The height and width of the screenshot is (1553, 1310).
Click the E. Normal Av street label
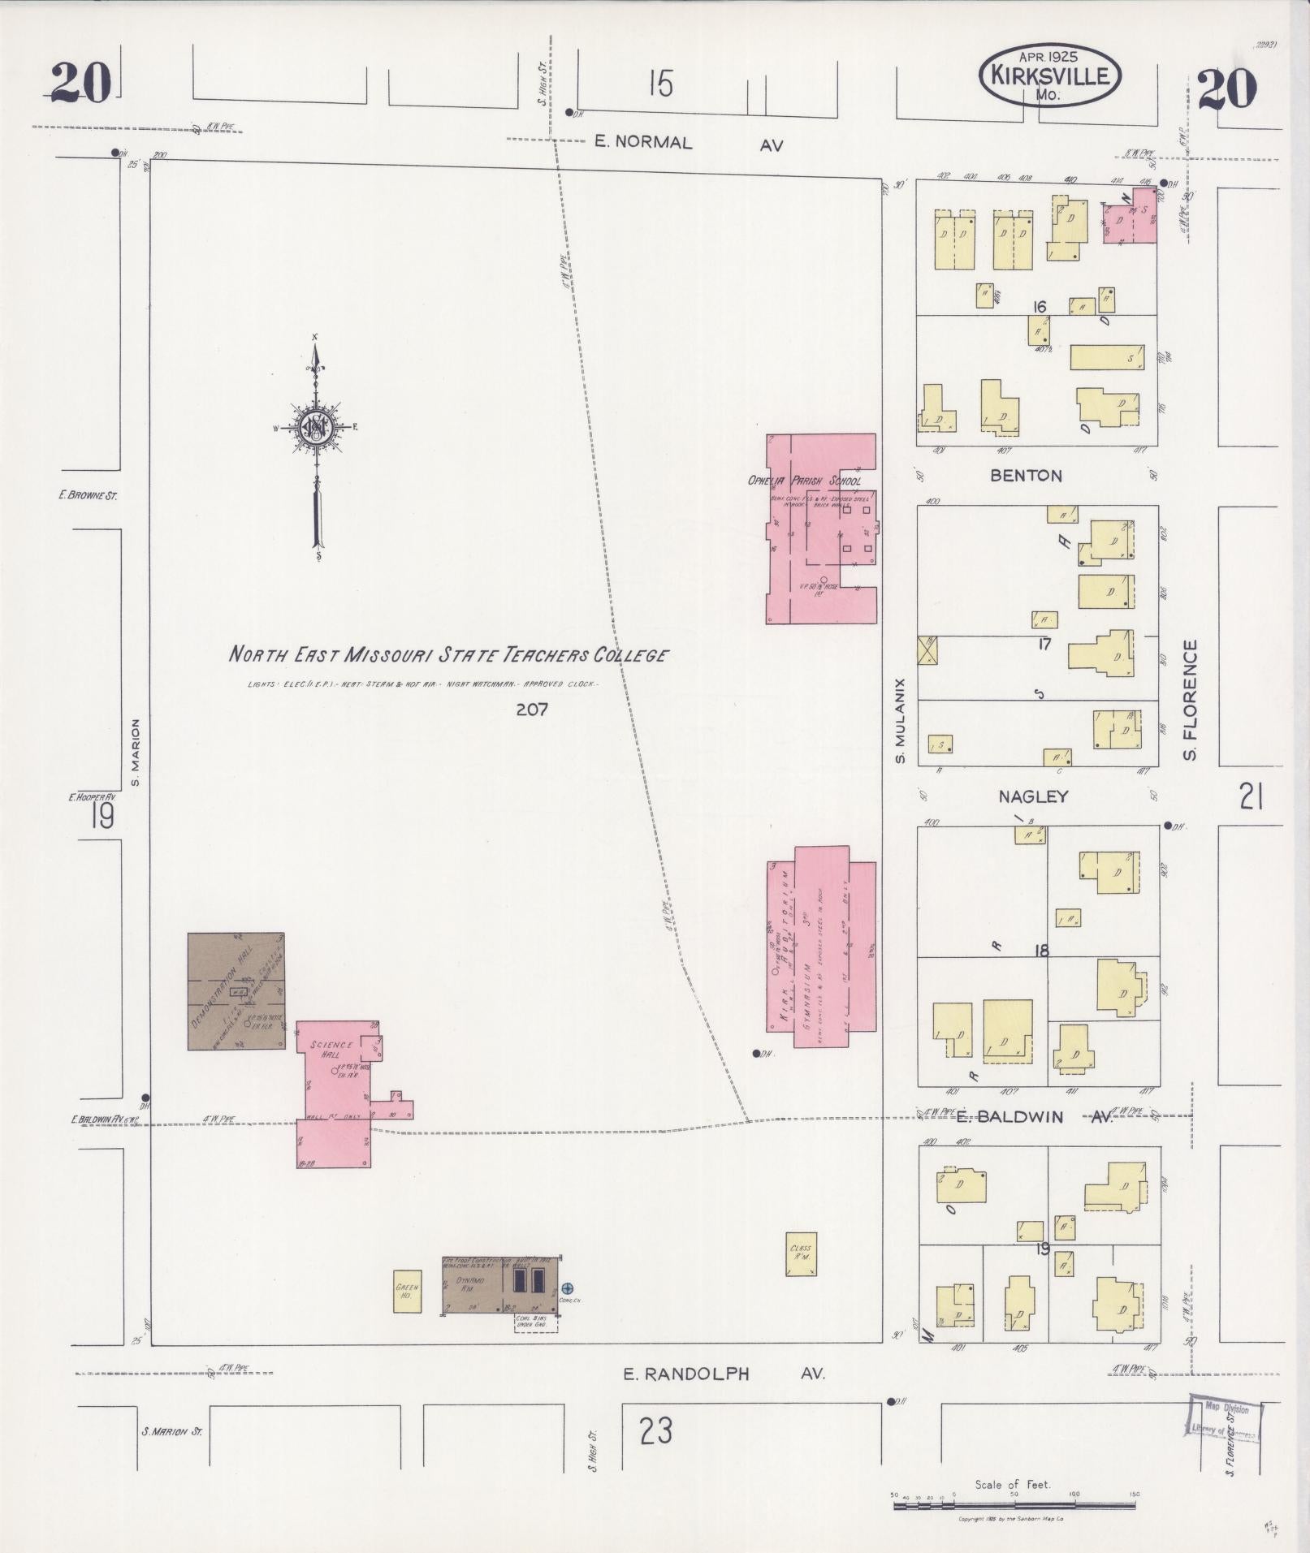coord(689,143)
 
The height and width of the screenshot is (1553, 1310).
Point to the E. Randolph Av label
coord(723,1374)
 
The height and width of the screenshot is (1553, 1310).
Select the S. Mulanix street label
coord(899,721)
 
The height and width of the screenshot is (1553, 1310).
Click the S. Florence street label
coord(1191,701)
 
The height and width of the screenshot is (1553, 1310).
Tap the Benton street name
coord(1026,476)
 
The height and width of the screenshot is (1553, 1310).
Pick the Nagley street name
coord(1032,796)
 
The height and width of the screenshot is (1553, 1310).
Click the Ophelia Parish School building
coord(820,528)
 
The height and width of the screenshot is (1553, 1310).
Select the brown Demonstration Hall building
coord(236,990)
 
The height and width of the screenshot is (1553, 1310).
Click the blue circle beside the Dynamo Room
coord(568,1288)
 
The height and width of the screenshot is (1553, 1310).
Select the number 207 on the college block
coord(532,710)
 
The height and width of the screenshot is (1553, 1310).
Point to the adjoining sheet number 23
coord(655,1430)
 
